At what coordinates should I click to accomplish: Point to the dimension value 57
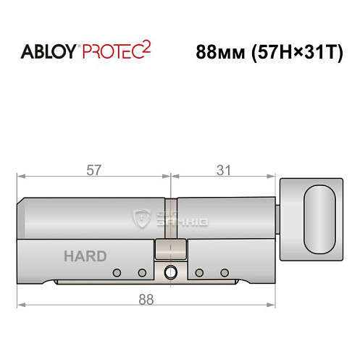pyautogui.click(x=93, y=170)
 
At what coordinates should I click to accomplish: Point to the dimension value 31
pyautogui.click(x=224, y=170)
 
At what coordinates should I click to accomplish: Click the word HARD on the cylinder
pyautogui.click(x=85, y=256)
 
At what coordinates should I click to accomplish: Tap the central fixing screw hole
pyautogui.click(x=170, y=273)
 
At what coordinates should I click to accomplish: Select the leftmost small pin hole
pyautogui.click(x=116, y=273)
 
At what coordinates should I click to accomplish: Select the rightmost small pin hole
pyautogui.click(x=225, y=273)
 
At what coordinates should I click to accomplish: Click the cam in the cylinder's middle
pyautogui.click(x=170, y=249)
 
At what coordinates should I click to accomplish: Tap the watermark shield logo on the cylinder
pyautogui.click(x=138, y=217)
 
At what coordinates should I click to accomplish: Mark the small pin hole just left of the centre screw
pyautogui.click(x=143, y=273)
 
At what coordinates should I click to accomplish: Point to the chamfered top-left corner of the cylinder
pyautogui.click(x=22, y=201)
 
